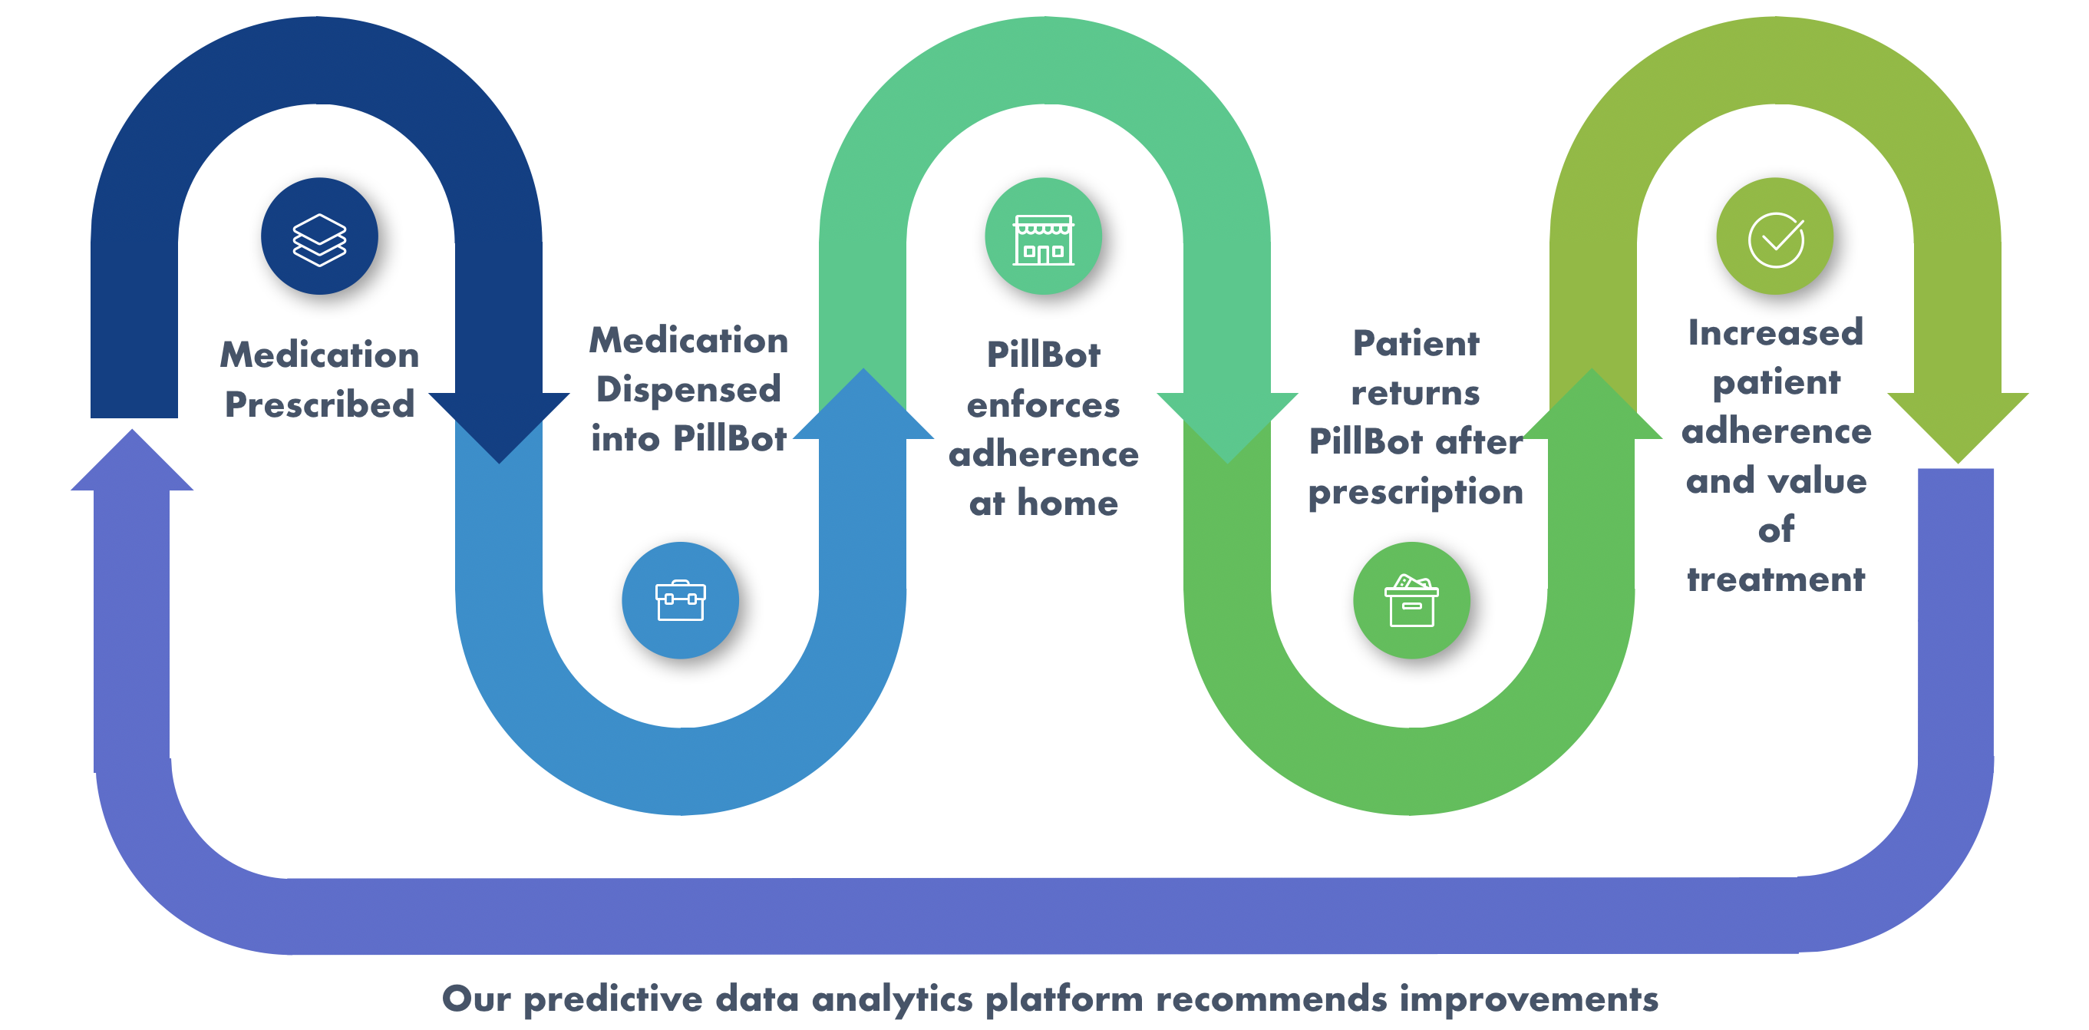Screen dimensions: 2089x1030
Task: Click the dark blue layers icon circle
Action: (x=319, y=236)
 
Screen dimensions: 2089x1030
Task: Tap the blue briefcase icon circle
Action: (x=681, y=600)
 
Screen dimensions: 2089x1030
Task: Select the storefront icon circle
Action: (x=1044, y=236)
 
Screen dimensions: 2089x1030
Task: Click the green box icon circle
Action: (x=1412, y=600)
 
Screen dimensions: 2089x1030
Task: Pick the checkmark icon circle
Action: (x=1775, y=236)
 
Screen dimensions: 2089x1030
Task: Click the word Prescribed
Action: (x=319, y=404)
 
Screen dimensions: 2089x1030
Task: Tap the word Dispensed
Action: (x=688, y=389)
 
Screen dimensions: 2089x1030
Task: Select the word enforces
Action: (x=1044, y=404)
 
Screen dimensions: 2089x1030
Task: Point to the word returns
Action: (x=1416, y=393)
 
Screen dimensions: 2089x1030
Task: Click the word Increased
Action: (x=1776, y=332)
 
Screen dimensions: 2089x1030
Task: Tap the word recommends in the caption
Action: (x=1272, y=999)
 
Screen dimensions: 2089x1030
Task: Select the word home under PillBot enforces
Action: (x=1068, y=503)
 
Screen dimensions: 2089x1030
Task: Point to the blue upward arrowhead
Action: (x=863, y=403)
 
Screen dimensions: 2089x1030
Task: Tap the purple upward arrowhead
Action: (x=132, y=460)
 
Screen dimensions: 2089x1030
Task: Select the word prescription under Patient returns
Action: (x=1416, y=492)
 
